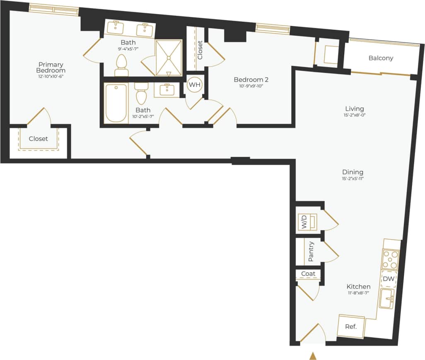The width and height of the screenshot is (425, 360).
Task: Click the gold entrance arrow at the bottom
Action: pos(313,355)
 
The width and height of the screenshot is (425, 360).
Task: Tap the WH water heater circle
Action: pos(194,85)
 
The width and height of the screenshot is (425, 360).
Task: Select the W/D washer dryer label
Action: pos(304,222)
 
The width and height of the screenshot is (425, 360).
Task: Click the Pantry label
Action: pos(310,252)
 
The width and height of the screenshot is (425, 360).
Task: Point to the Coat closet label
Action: pos(308,274)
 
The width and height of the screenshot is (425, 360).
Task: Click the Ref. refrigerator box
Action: pos(351,326)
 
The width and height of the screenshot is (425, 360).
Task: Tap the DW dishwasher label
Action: pos(389,279)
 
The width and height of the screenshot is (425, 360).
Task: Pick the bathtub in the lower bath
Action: pos(116,103)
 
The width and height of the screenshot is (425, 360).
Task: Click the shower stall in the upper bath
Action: pos(169,58)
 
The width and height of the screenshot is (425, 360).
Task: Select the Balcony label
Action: pos(381,58)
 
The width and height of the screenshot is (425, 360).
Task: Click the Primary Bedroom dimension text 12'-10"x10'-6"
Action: pos(51,76)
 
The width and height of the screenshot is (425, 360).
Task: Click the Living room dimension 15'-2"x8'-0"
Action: pos(354,115)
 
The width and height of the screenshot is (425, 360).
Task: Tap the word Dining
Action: pos(353,172)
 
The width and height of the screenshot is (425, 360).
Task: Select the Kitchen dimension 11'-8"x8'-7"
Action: pos(358,293)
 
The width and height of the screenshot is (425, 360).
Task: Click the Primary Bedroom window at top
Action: pos(53,9)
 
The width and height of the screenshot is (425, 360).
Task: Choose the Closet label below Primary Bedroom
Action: pos(39,139)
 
